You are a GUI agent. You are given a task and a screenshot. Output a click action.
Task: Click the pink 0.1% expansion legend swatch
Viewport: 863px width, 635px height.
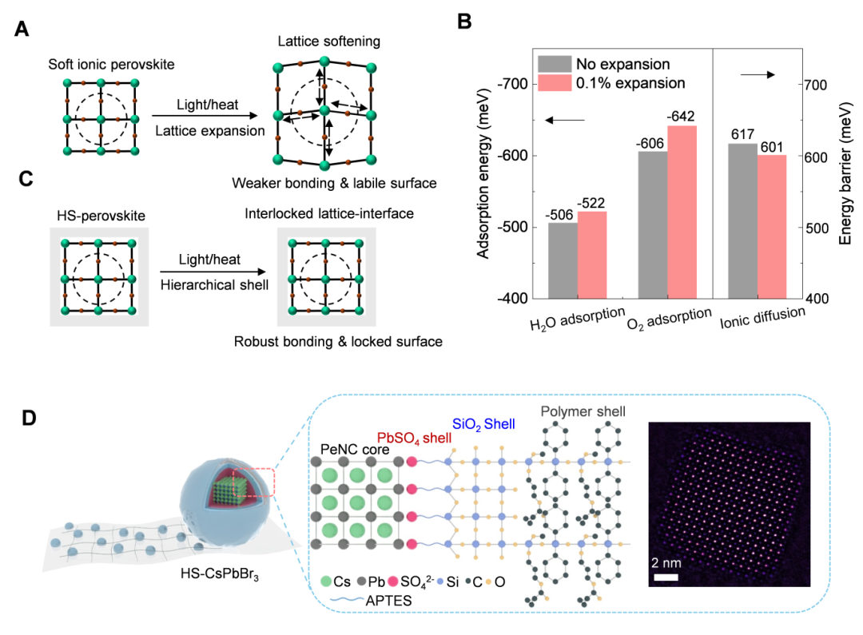click(554, 82)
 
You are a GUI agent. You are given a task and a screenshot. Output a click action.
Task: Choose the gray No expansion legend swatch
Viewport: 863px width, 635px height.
click(554, 63)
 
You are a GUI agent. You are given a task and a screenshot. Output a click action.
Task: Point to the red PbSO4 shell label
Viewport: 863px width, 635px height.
click(414, 439)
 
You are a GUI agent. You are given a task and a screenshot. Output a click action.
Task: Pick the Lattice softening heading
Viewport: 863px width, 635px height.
click(325, 41)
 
